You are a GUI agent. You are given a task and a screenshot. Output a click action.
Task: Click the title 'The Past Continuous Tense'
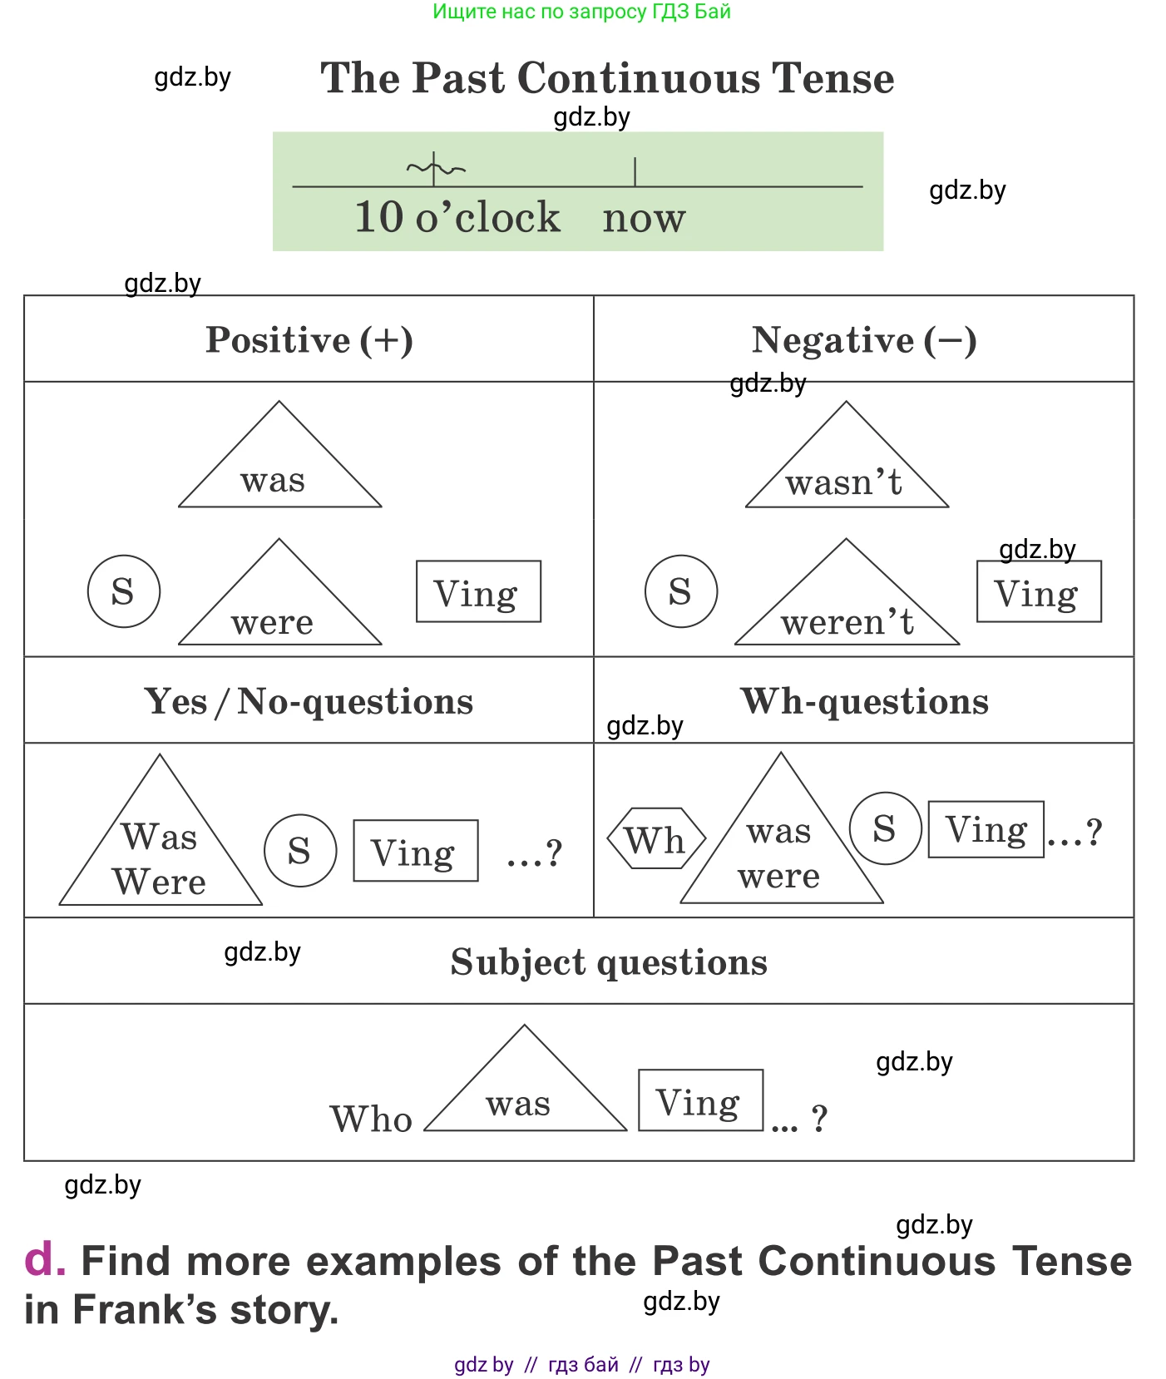click(607, 78)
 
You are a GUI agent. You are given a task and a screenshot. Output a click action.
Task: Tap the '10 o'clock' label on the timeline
click(457, 217)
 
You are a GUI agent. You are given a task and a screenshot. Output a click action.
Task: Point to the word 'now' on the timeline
click(644, 218)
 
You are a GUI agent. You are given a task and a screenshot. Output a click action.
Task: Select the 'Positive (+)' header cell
click(309, 339)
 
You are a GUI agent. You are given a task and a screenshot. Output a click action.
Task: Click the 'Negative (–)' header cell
click(864, 339)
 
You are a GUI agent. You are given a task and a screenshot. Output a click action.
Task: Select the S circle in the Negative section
click(680, 591)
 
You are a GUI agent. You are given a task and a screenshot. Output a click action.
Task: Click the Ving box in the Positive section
click(478, 592)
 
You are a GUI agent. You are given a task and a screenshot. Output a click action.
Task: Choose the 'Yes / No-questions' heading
click(309, 701)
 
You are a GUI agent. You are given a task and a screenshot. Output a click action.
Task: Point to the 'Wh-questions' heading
click(864, 701)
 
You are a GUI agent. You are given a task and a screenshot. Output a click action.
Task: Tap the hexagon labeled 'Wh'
click(656, 838)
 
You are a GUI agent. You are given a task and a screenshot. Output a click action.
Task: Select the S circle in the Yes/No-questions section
click(300, 850)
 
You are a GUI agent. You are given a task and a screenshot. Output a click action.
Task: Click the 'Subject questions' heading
click(609, 961)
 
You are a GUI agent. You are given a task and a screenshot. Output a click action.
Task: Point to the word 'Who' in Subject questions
click(371, 1119)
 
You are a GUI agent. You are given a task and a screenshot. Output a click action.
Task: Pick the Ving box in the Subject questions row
click(700, 1100)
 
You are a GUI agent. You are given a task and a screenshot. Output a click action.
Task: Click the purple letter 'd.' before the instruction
click(43, 1259)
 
